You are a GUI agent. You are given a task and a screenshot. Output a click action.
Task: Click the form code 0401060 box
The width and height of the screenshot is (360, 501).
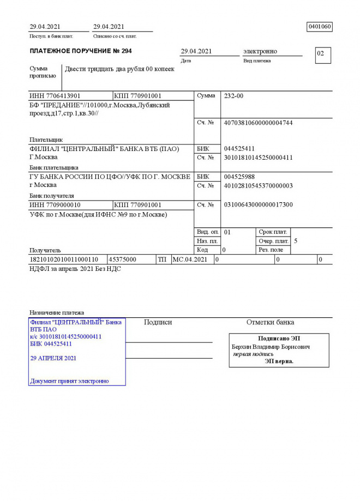(x=320, y=27)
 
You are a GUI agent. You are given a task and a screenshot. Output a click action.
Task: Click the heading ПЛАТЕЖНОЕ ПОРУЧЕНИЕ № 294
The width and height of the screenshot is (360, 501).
(x=81, y=51)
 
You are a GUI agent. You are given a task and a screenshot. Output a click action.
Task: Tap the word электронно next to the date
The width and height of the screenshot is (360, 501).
(x=260, y=51)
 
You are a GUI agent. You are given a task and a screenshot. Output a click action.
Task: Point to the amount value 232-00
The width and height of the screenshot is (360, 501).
(x=234, y=96)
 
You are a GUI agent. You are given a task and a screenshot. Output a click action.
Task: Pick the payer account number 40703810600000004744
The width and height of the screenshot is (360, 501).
(x=258, y=123)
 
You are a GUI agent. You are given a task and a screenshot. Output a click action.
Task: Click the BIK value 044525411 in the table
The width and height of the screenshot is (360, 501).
(x=239, y=149)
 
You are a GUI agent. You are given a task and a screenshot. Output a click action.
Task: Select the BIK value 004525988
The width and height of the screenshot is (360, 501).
(x=239, y=177)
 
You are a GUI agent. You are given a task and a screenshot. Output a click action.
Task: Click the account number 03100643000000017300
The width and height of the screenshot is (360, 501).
(x=258, y=205)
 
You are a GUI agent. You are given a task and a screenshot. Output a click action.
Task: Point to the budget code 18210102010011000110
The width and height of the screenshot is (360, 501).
(x=64, y=259)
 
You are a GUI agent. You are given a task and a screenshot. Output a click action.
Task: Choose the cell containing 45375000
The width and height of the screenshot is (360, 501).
(x=123, y=259)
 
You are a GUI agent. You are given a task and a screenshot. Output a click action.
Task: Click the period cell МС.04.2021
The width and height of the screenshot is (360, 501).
(x=190, y=259)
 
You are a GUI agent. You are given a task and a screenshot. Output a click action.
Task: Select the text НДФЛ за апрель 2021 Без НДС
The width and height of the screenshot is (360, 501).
(x=75, y=269)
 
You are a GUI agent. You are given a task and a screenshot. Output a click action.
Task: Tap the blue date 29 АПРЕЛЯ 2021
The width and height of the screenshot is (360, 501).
(x=53, y=358)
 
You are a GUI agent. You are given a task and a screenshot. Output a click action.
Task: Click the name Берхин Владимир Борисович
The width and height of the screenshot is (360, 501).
(x=271, y=347)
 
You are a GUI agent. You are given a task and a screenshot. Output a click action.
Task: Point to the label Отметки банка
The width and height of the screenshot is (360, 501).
(x=270, y=322)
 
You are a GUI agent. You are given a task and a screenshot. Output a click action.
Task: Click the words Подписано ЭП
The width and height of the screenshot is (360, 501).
(x=279, y=339)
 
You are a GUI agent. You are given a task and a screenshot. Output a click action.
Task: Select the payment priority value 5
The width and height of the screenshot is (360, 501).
(x=296, y=240)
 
